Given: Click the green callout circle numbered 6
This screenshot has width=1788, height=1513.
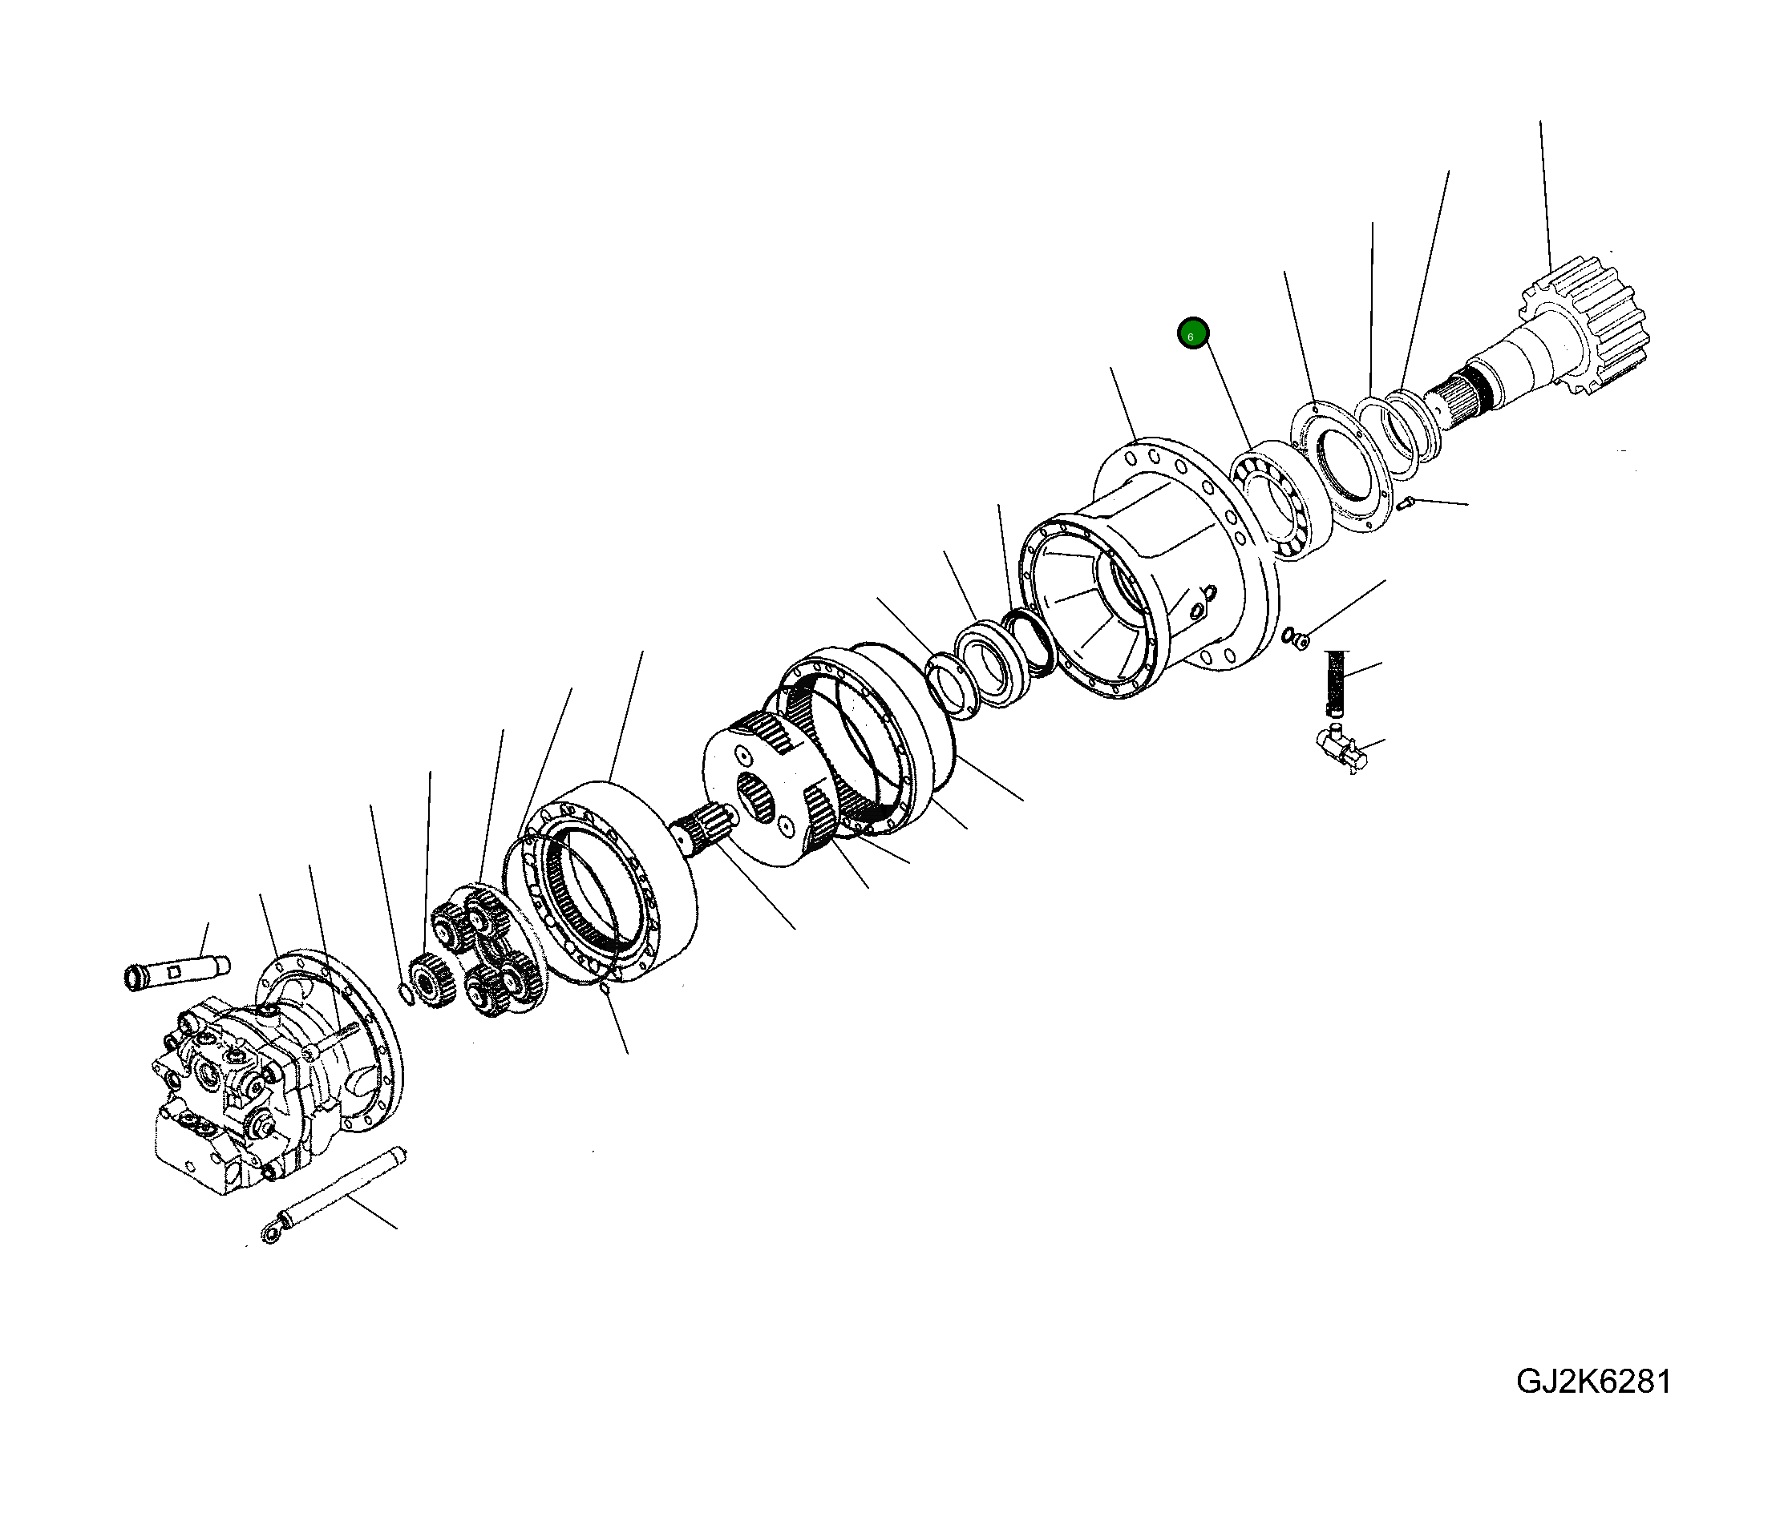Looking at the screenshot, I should (x=1192, y=333).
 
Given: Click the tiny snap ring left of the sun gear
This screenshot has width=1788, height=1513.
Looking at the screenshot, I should (x=405, y=994).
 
